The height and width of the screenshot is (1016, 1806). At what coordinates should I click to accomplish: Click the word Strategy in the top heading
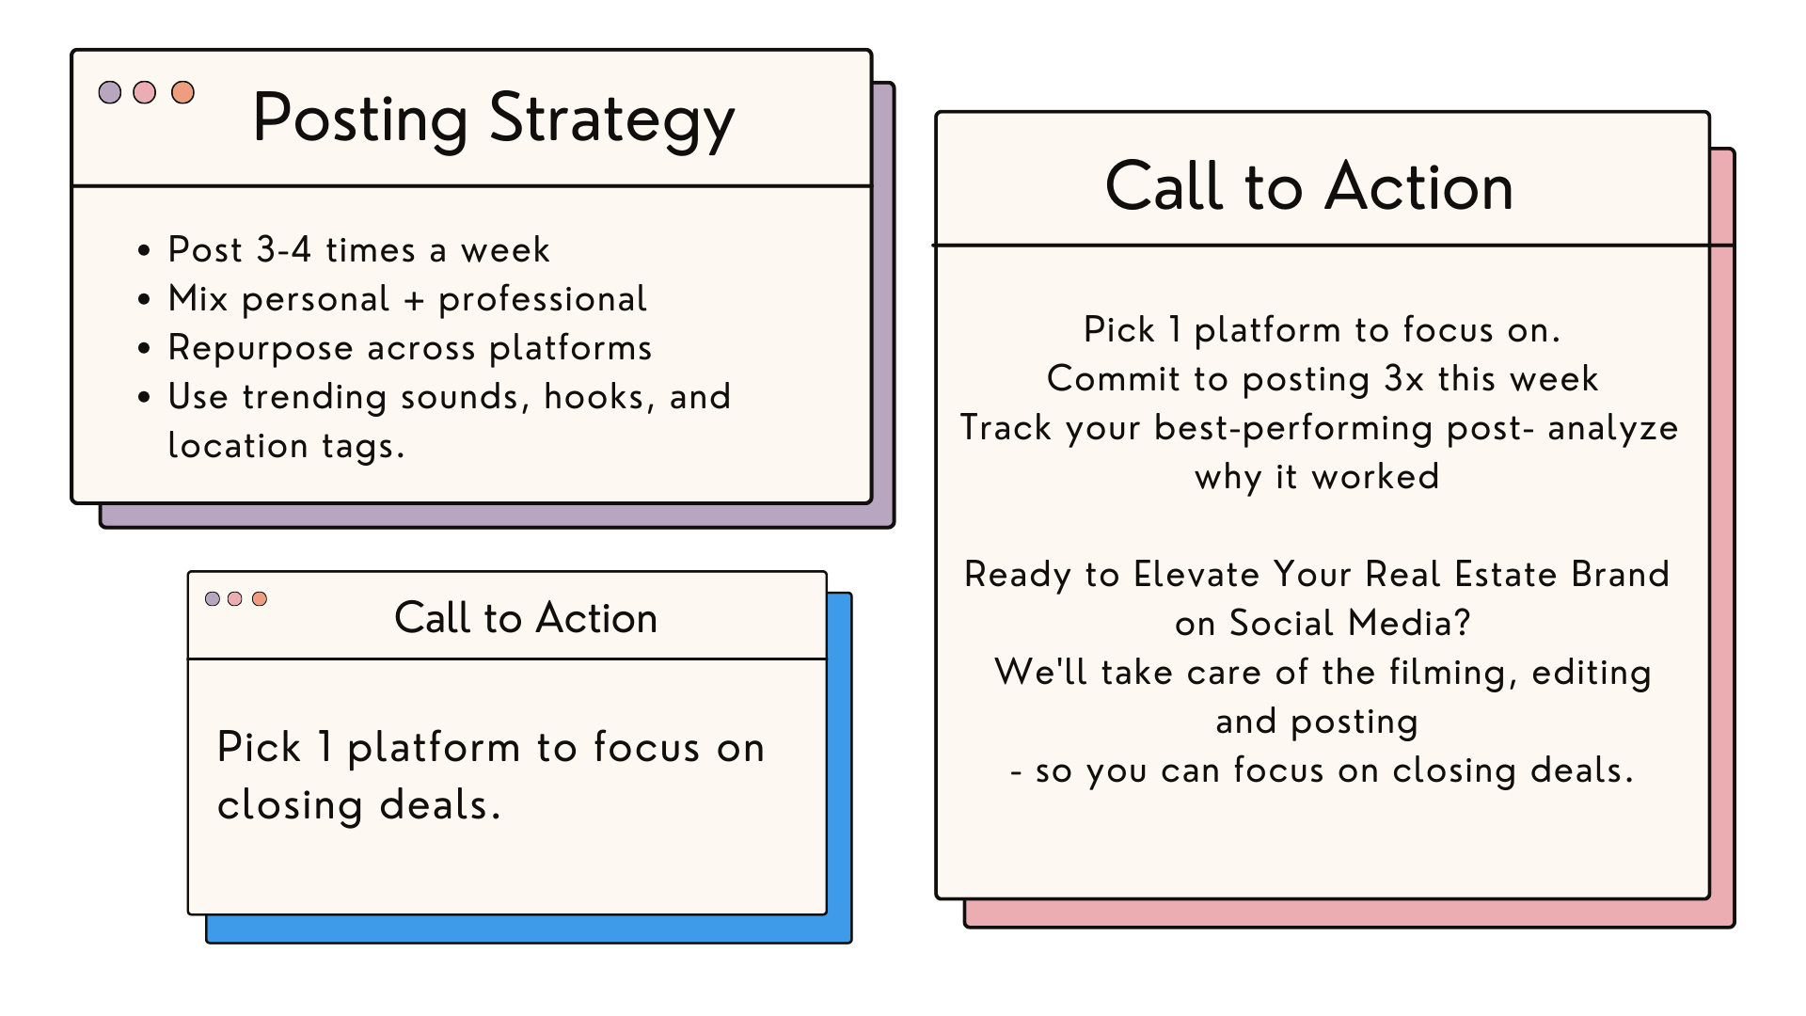pos(611,120)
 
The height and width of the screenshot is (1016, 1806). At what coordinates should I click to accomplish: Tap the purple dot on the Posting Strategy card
pos(110,92)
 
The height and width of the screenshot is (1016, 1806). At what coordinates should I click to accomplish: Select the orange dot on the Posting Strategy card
pos(182,92)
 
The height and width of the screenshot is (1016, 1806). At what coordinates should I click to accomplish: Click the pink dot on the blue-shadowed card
pos(235,599)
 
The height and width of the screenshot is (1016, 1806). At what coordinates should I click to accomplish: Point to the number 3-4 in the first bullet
pos(283,250)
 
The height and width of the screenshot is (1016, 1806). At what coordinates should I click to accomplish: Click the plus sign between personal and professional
pos(414,300)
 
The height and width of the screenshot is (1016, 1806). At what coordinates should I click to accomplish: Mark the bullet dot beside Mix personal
pos(144,300)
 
